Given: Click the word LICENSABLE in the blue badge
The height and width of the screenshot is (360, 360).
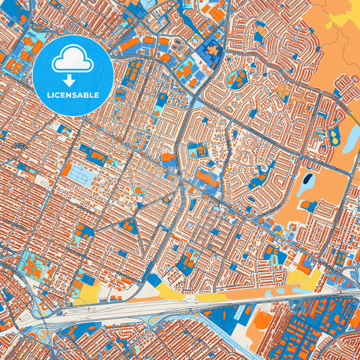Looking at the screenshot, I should [x=73, y=94].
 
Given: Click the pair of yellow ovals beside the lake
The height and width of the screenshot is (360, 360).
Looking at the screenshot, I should [x=334, y=140].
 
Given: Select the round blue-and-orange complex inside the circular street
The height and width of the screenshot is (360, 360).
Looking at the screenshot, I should [x=238, y=78].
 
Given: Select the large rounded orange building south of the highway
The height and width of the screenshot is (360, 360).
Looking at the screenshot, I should [x=259, y=322].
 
